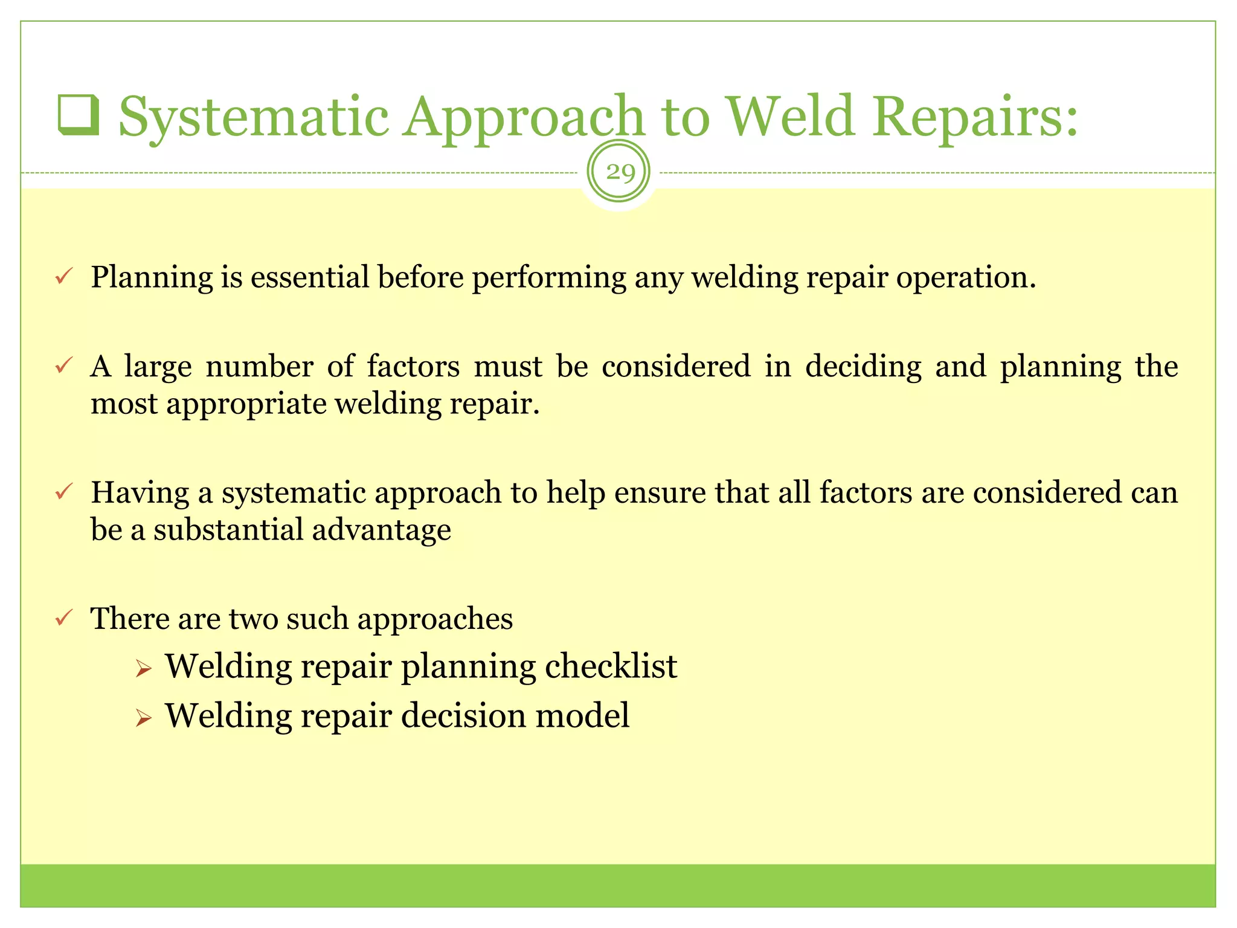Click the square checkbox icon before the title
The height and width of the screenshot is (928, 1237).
tap(79, 115)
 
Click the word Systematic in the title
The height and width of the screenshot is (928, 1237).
tap(254, 118)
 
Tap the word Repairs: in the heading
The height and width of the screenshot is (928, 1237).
tap(975, 118)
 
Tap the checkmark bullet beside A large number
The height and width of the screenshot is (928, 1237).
tap(64, 366)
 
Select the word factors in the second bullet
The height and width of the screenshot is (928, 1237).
tap(413, 367)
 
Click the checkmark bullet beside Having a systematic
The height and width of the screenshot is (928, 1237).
tap(64, 491)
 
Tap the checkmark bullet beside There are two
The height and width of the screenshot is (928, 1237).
tap(64, 617)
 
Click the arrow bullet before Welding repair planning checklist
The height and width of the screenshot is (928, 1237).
tap(143, 669)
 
